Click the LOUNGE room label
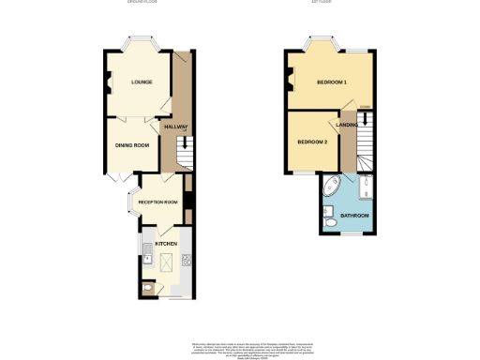tap(142, 82)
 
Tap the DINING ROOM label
tap(132, 145)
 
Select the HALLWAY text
tap(176, 127)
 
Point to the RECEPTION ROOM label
tap(158, 202)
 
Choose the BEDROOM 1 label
tap(332, 82)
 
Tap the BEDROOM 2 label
tap(312, 142)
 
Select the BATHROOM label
tap(354, 216)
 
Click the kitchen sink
tap(148, 249)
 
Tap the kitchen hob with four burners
tap(188, 261)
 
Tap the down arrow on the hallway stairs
tap(185, 143)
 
